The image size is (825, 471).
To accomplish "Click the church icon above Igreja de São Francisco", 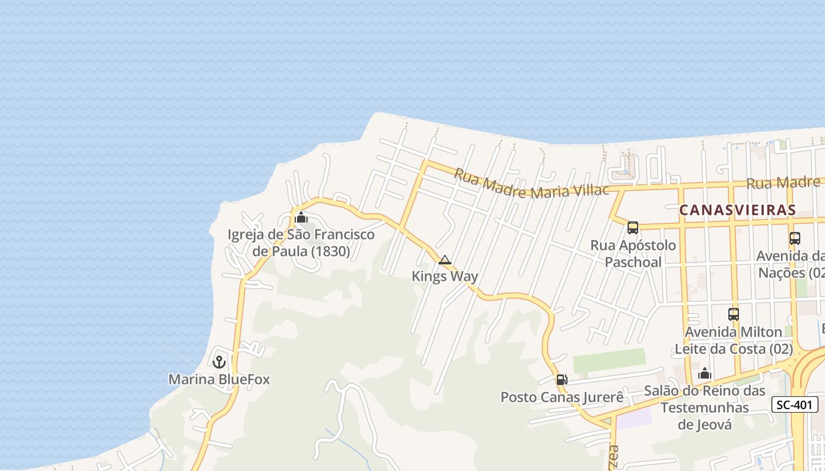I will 301,218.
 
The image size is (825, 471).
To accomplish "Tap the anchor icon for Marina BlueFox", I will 220,361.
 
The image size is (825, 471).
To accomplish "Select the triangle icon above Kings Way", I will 445,260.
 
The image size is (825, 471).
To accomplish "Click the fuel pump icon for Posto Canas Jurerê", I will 562,380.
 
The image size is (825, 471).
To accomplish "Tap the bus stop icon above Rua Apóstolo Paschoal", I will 633,228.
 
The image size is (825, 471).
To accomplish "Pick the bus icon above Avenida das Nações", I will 795,238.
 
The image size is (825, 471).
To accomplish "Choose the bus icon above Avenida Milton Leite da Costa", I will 734,314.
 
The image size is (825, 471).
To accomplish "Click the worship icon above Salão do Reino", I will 704,373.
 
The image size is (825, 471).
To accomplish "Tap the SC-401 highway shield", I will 795,404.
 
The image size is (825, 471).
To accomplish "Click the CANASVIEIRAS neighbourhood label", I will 737,210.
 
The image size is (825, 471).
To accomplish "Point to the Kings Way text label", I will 445,276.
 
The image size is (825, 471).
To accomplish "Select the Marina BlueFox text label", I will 219,379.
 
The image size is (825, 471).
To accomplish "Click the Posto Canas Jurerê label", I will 562,397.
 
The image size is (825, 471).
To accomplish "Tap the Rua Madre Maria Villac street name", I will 531,184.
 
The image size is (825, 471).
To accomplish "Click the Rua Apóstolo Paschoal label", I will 633,253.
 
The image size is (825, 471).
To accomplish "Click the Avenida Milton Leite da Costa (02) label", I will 734,340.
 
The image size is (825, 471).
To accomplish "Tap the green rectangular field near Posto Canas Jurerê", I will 609,360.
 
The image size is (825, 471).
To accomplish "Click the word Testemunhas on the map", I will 704,407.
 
